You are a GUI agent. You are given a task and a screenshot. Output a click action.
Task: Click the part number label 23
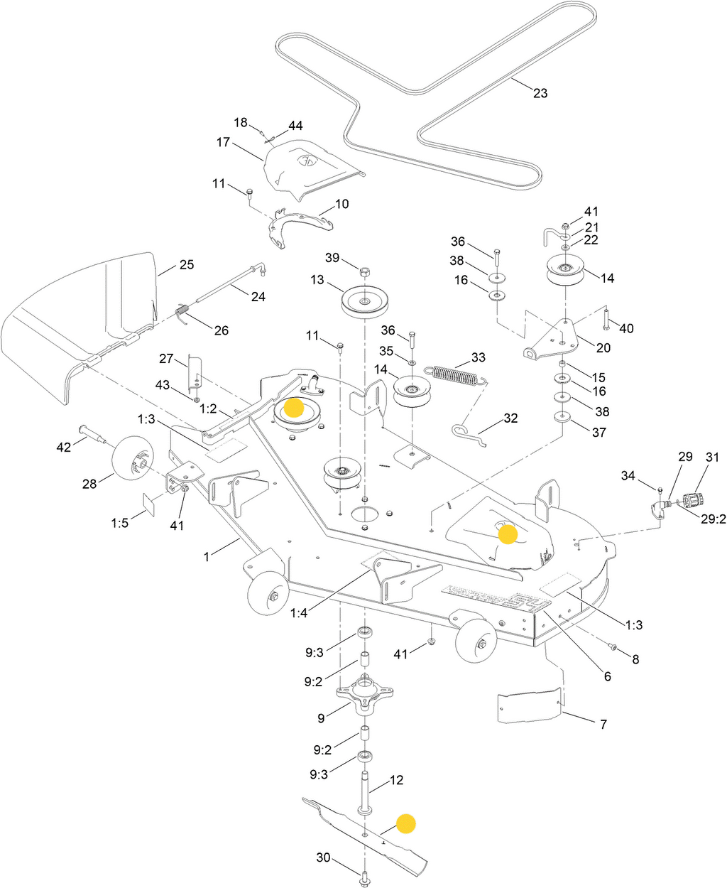click(x=540, y=93)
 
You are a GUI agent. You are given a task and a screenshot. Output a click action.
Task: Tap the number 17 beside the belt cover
click(x=224, y=142)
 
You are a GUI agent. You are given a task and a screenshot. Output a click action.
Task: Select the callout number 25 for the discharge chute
click(x=186, y=265)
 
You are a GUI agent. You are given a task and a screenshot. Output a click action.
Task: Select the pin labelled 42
click(x=92, y=433)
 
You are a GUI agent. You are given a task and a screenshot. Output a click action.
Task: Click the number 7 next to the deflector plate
click(x=603, y=725)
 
